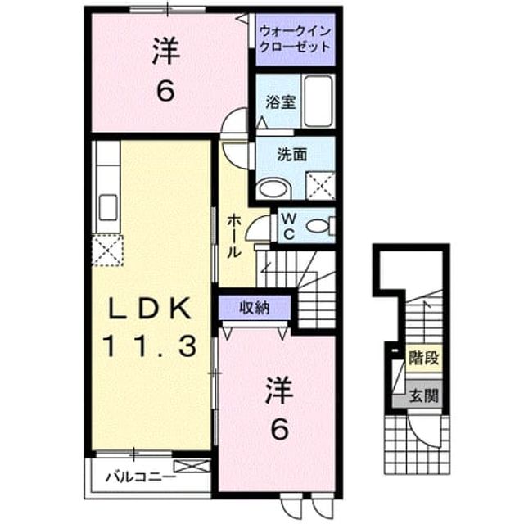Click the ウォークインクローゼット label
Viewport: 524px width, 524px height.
pos(295,39)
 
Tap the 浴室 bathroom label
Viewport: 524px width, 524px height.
pos(281,102)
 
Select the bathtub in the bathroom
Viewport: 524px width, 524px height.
pos(318,101)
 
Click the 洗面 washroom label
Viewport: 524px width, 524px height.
pos(292,155)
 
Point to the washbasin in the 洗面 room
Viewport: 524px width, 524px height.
pos(273,189)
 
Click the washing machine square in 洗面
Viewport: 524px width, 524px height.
pos(321,186)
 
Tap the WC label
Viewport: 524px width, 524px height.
pos(289,227)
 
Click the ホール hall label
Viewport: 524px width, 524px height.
pos(234,237)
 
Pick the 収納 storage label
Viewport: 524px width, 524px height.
pos(255,308)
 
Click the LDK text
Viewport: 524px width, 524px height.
pos(147,308)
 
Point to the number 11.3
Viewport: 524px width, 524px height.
pos(149,346)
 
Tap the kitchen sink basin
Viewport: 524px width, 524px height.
pos(108,207)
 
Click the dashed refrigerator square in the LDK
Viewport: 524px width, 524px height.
pos(107,251)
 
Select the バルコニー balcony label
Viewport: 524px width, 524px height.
pos(141,477)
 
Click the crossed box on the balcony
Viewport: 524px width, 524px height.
pos(192,467)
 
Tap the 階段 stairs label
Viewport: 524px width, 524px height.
pos(423,359)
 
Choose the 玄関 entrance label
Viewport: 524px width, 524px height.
pos(423,395)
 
